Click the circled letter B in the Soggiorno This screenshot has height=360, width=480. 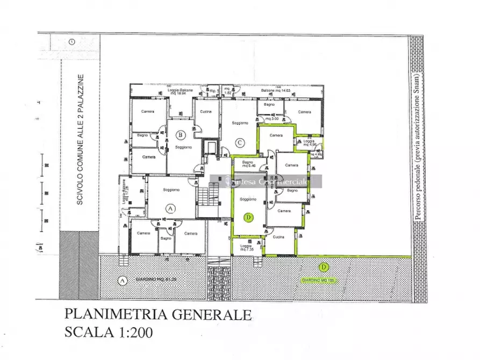point(181,135)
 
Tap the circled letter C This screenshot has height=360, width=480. point(240,143)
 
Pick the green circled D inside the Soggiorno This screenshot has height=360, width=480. point(248,218)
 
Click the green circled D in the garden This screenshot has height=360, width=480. point(324,267)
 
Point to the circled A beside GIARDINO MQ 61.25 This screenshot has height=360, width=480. point(123,280)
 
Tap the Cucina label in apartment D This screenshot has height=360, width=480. point(278,237)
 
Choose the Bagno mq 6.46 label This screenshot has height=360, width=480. point(248,164)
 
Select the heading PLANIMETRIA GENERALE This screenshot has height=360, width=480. point(157,314)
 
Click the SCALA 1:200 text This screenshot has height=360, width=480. point(108,332)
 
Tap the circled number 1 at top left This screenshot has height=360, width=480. point(71,41)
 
